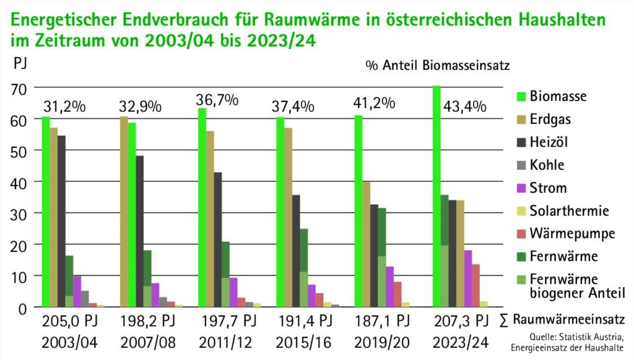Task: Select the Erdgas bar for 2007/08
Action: coord(124,211)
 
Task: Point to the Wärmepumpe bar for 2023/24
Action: coord(476,285)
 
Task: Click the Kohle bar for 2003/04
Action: coord(85,299)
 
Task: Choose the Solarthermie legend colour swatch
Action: coord(521,211)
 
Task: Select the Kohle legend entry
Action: coord(547,165)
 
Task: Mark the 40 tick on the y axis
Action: coord(20,182)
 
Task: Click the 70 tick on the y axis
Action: coord(20,89)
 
